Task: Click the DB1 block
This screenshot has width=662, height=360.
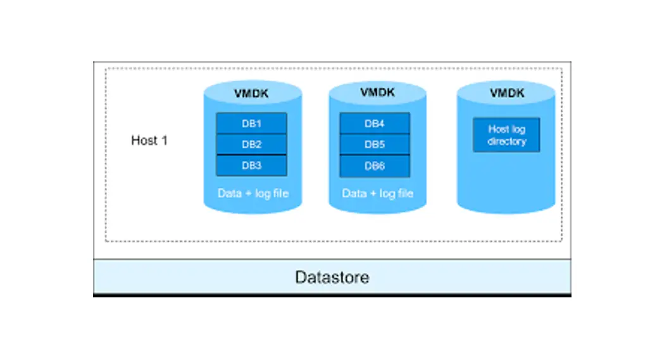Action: pyautogui.click(x=251, y=123)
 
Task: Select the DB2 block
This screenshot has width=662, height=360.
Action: pyautogui.click(x=251, y=144)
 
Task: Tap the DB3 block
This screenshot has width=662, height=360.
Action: pyautogui.click(x=251, y=165)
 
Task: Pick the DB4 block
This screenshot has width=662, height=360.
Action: pyautogui.click(x=374, y=123)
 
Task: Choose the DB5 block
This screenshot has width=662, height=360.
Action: pyautogui.click(x=374, y=144)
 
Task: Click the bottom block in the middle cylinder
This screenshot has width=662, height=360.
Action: pyautogui.click(x=374, y=165)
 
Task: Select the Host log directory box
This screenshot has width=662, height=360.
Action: pyautogui.click(x=506, y=135)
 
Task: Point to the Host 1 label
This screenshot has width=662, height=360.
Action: pyautogui.click(x=149, y=140)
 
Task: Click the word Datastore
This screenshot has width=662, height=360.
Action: pyautogui.click(x=332, y=277)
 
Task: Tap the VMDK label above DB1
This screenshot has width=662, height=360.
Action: pyautogui.click(x=251, y=94)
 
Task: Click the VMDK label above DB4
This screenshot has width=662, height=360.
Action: pyautogui.click(x=377, y=92)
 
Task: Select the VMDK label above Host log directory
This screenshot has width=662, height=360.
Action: pyautogui.click(x=507, y=93)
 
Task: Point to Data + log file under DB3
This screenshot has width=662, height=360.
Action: pyautogui.click(x=253, y=193)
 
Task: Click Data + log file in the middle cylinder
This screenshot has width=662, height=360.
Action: pyautogui.click(x=377, y=193)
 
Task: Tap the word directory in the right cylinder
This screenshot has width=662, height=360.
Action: pyautogui.click(x=506, y=141)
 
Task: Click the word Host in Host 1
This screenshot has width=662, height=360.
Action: pyautogui.click(x=144, y=140)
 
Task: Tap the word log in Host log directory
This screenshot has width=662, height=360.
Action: pyautogui.click(x=518, y=129)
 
